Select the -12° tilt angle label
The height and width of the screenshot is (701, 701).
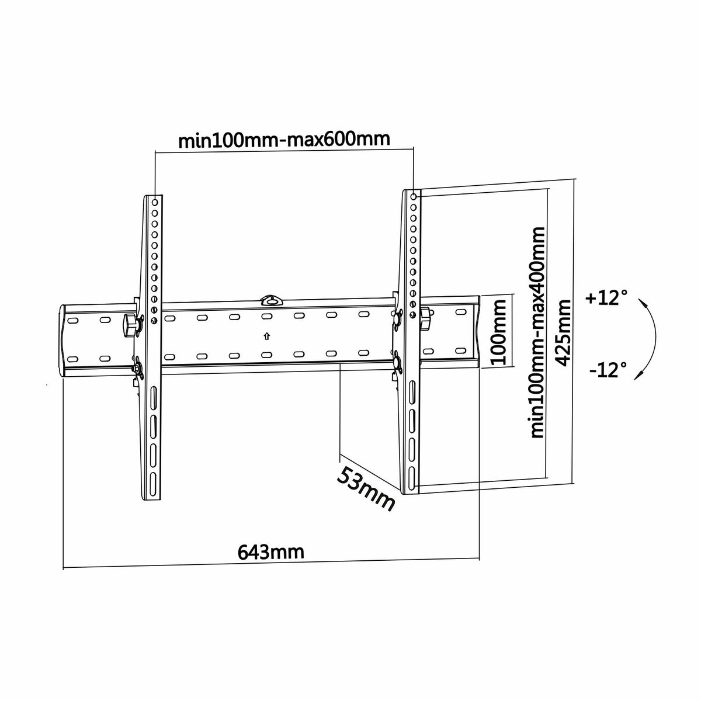608,370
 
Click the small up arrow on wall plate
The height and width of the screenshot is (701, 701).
266,336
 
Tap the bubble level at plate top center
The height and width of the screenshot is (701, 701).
270,300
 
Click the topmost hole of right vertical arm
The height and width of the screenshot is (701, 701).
414,197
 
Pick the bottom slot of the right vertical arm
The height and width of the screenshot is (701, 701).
412,474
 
